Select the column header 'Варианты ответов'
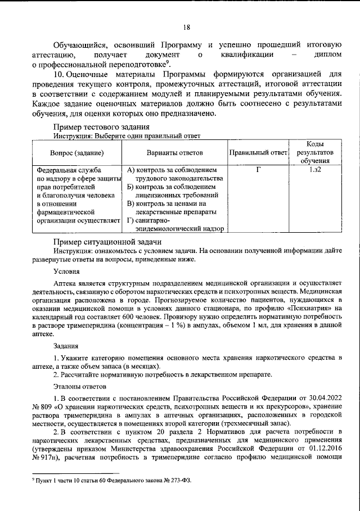pyautogui.click(x=175, y=153)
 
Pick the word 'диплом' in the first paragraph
pyautogui.click(x=329, y=55)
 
